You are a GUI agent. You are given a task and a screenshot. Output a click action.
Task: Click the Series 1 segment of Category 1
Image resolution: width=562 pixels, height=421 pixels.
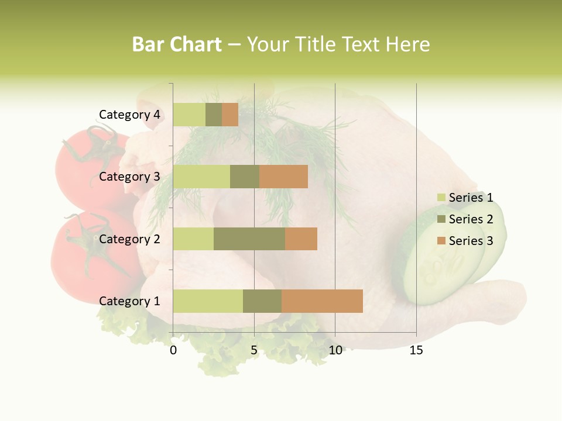point(208,301)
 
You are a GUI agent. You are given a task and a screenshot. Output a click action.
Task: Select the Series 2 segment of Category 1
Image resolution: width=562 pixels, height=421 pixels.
point(262,301)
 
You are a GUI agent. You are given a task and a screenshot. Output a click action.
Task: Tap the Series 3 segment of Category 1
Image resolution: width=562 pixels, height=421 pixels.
point(322,301)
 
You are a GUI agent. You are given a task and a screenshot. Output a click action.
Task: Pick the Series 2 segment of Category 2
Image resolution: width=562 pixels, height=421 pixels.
point(249,239)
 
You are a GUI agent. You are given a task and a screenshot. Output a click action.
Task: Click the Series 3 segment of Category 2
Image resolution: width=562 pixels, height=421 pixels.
point(301,239)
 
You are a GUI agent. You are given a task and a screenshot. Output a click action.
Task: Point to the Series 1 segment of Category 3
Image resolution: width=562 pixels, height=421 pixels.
point(201,177)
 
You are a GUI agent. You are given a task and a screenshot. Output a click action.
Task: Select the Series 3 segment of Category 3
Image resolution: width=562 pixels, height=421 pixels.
point(283,177)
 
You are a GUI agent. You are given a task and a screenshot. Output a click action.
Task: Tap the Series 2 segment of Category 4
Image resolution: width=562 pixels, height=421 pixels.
point(214,115)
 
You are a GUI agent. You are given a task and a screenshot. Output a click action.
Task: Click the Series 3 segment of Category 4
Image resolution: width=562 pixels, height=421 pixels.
point(230,115)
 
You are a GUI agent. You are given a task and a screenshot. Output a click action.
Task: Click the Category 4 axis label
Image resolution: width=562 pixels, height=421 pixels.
point(129,115)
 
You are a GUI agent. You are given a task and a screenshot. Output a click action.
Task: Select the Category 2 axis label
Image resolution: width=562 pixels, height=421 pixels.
point(129,239)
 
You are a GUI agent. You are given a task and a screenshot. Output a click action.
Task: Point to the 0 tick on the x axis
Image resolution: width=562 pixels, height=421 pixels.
point(173,350)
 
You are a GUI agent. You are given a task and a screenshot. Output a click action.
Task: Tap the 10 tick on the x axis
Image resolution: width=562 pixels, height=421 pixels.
point(335,350)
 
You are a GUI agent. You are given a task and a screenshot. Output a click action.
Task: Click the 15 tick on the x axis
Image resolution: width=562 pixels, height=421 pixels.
point(416,350)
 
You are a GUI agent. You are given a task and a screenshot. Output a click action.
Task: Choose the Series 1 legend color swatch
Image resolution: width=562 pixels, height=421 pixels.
point(441,198)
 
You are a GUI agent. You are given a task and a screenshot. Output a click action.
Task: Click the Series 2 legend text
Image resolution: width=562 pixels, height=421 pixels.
point(471,219)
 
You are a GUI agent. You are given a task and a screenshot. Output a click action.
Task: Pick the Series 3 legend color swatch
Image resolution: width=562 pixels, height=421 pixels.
point(441,241)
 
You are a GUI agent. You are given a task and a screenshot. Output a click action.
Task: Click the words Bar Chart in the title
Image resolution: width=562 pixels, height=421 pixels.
point(177,44)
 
